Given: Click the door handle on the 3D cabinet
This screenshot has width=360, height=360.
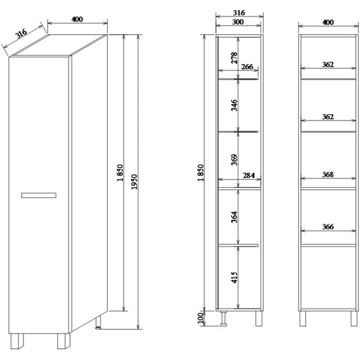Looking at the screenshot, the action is [x=39, y=195].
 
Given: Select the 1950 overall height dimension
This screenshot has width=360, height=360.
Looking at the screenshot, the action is [x=134, y=182].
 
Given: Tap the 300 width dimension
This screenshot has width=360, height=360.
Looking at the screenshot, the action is [x=238, y=22].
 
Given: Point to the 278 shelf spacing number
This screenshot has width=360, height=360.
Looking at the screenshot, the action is [x=234, y=58].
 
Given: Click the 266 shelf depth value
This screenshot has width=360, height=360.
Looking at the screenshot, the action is [x=247, y=67].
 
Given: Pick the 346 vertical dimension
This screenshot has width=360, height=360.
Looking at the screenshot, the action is [x=234, y=105].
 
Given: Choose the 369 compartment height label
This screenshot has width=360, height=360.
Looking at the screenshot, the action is [x=234, y=160].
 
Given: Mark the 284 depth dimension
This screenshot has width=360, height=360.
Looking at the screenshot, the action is [x=248, y=176].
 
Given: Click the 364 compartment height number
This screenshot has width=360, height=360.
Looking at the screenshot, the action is [x=234, y=217].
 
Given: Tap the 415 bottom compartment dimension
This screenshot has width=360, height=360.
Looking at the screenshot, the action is [x=234, y=278].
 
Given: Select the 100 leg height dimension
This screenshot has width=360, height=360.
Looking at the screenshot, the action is [x=200, y=318].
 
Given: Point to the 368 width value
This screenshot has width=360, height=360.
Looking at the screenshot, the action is [x=328, y=174].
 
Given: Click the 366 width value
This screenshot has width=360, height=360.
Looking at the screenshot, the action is [x=328, y=227].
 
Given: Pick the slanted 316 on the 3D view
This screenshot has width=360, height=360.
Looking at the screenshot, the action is [x=21, y=33].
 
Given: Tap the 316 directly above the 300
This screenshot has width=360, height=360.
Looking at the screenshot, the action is [x=239, y=13].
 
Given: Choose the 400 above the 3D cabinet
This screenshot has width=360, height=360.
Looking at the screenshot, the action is [x=77, y=19].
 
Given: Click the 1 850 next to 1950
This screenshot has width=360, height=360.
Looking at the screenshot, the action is [x=120, y=172].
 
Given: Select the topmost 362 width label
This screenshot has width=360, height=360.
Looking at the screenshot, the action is [x=328, y=65].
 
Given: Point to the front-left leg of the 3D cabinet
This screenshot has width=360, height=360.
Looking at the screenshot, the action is [x=17, y=341].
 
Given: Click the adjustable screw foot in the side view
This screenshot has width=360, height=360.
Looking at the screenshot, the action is [x=223, y=318].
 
